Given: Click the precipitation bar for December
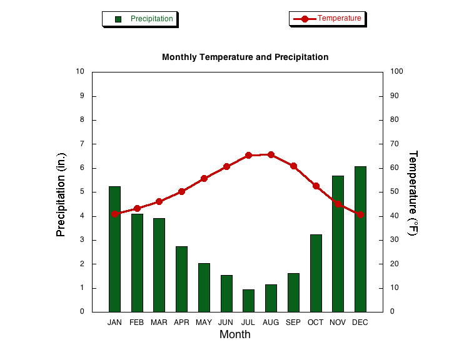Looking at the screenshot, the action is [360, 239].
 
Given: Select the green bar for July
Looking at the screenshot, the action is [248, 301].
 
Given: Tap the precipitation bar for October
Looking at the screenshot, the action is [316, 273].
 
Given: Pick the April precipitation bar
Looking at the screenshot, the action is [181, 279].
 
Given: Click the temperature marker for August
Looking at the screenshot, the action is [271, 154].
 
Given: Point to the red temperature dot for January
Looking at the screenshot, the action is [115, 214].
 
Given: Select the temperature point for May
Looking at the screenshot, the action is [204, 178].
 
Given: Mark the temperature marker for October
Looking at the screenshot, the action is [316, 186].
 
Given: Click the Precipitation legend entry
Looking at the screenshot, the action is [140, 19].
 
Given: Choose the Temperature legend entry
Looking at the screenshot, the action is [327, 19].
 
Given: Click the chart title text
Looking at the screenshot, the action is [245, 57].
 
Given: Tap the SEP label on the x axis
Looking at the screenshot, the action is [293, 322].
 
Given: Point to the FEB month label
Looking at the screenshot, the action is [137, 322].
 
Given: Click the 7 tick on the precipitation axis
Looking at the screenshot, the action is [82, 144].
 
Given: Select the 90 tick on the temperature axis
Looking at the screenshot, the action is [395, 96].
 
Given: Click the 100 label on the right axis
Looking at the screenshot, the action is [396, 71].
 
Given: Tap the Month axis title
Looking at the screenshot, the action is [235, 334].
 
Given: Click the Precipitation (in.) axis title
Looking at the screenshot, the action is [61, 194].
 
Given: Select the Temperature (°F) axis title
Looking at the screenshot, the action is [413, 193].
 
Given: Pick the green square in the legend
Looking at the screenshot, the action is [118, 19].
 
